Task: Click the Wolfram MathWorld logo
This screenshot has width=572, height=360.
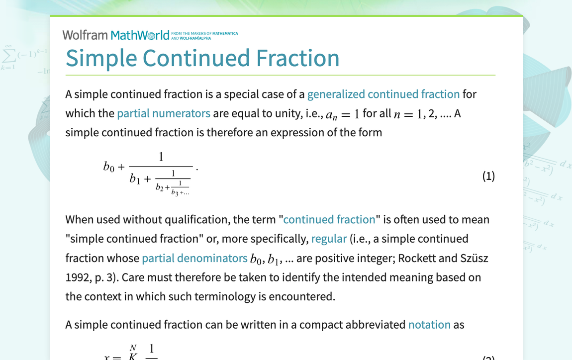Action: tap(116, 35)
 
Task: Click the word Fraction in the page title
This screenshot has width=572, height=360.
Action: tap(297, 58)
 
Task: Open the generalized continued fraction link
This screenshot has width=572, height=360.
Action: tap(383, 94)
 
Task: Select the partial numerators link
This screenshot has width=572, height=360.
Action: tap(164, 113)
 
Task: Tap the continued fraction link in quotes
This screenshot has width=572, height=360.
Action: tap(329, 220)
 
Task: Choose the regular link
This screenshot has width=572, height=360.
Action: tap(329, 239)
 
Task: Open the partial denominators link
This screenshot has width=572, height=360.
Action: tap(194, 258)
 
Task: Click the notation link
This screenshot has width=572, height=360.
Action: tap(429, 325)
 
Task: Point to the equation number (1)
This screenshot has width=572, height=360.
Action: tap(488, 176)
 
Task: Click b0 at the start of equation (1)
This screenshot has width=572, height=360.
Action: tap(109, 167)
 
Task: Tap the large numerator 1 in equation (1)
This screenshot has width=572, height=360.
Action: tap(161, 157)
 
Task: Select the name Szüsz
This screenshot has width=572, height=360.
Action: tap(474, 258)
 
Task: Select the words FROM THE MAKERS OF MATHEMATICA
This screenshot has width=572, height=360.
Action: tap(204, 33)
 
